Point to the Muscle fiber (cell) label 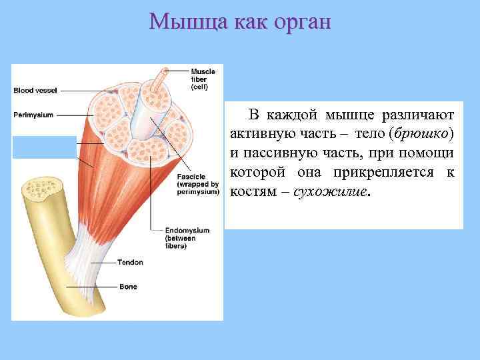point(203,79)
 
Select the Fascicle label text point(198,184)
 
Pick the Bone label point(128,287)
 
